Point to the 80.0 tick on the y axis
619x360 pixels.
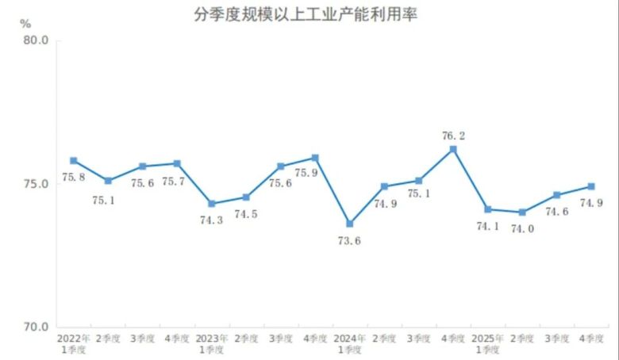pos(36,40)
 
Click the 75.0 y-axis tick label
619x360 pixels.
pos(36,184)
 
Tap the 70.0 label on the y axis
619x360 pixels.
pos(36,327)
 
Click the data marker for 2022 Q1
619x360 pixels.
pos(73,161)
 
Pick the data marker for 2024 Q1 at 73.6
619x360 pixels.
pos(349,224)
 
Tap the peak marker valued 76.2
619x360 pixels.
pos(453,149)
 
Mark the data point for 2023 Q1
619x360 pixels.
pos(211,204)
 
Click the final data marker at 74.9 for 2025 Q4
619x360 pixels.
pos(591,186)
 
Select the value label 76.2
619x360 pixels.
pos(453,136)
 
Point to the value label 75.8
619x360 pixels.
pos(73,177)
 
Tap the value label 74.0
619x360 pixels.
pos(522,228)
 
